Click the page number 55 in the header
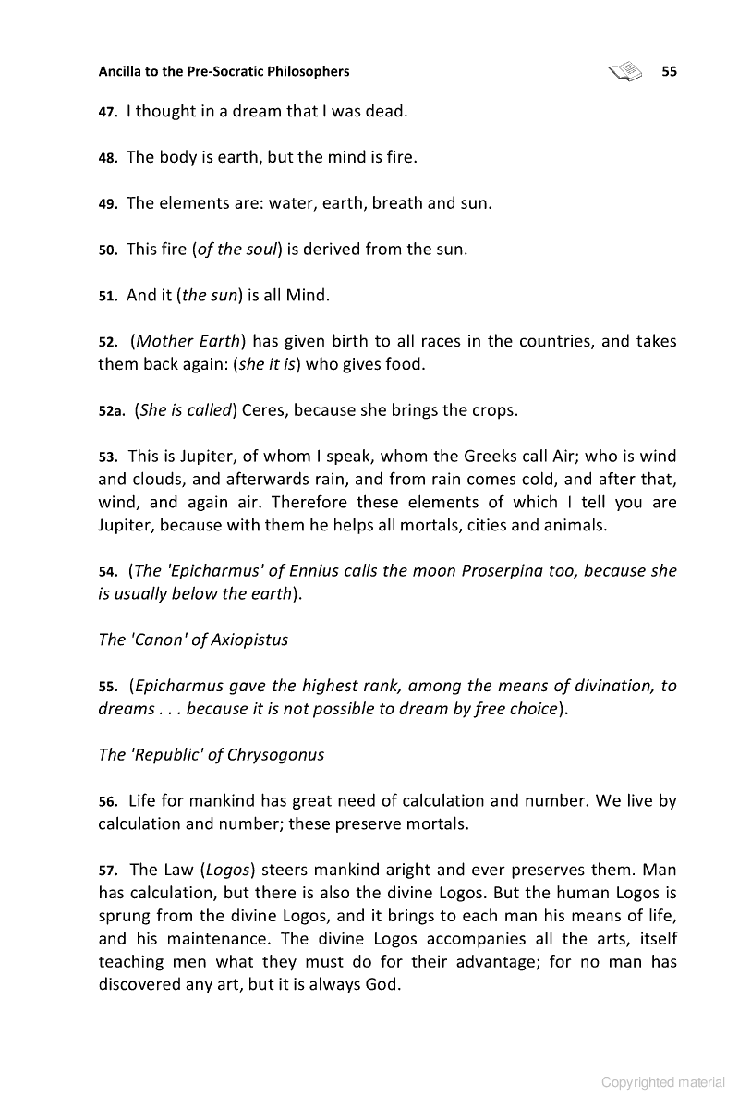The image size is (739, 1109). pos(669,71)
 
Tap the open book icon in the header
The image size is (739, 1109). pos(625,70)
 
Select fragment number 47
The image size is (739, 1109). pos(107,113)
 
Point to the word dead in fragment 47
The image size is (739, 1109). pos(386,112)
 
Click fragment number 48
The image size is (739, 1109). pos(108,158)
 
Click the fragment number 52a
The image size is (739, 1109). pos(112,410)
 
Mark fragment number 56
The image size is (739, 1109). pos(108,800)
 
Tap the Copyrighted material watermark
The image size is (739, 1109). pos(662,1082)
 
